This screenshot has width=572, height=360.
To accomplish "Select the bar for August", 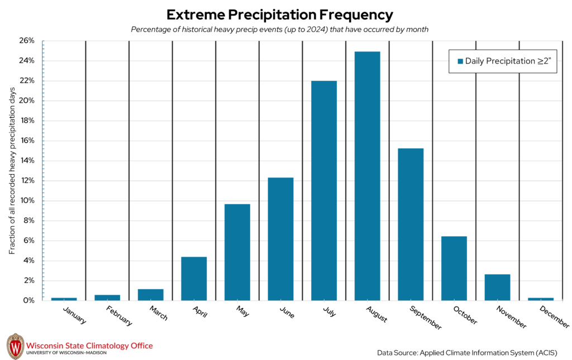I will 367,176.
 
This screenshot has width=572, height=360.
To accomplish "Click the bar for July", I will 324,190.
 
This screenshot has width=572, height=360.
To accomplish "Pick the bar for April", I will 194,279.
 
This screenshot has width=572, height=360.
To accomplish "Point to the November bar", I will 497,287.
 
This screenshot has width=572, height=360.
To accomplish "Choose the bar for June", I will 280,239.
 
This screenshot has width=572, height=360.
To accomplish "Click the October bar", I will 454,268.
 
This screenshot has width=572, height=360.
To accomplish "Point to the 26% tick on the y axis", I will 27,41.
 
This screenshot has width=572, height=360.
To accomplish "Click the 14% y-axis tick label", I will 27,161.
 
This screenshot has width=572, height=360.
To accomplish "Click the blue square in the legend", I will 460,61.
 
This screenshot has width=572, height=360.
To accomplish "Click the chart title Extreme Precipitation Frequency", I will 280,15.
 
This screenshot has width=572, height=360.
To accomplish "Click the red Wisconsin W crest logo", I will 15,346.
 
